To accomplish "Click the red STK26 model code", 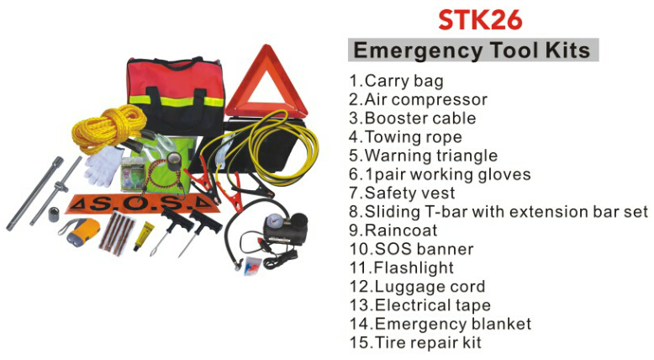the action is coord(480,19).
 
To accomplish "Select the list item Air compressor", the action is coord(419,100).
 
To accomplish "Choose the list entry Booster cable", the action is coord(413,118).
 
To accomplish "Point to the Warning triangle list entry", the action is coord(424,156).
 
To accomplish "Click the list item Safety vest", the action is coord(402,193).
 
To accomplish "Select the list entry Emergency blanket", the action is coord(440,324).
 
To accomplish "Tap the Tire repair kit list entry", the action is coord(415,342).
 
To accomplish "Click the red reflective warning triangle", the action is coord(266,83).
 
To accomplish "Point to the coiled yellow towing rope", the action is coord(108,127).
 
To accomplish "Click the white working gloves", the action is coord(103,166).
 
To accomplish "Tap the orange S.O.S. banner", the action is coord(143,204).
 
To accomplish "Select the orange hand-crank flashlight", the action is coord(80,231).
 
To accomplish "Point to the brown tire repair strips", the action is coord(117,234).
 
